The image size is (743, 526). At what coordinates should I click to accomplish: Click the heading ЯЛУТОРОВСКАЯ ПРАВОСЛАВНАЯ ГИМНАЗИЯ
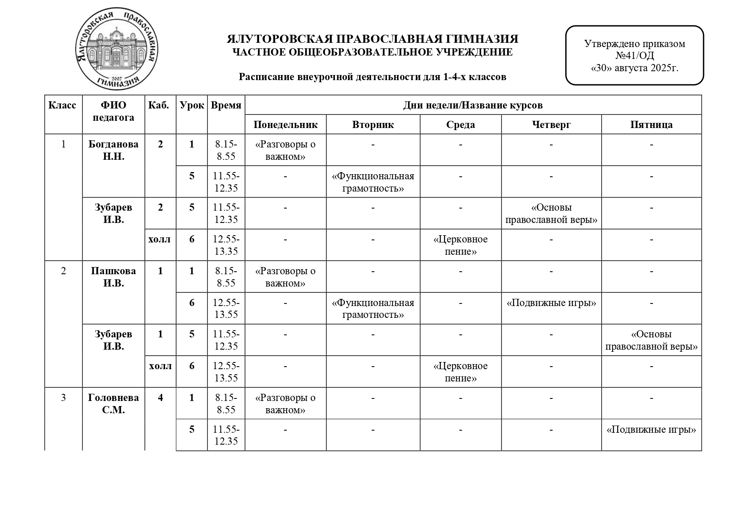373,39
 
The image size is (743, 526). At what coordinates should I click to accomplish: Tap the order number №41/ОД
634,56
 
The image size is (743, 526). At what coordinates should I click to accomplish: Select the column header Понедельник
285,125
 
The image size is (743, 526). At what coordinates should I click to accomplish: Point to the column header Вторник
373,125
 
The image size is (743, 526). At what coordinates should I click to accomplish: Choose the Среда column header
461,125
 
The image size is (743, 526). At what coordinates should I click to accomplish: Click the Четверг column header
551,125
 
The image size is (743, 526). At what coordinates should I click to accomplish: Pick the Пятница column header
651,125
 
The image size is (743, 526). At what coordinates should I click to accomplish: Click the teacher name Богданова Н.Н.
113,150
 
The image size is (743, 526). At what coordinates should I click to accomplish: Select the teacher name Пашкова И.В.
113,277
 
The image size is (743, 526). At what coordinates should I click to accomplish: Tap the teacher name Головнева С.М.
113,404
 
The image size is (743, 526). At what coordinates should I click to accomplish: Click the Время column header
226,105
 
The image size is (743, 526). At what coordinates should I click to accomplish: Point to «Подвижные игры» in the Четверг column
551,303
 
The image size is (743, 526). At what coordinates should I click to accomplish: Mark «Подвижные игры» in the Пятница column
651,429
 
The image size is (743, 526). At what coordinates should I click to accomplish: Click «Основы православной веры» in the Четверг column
551,214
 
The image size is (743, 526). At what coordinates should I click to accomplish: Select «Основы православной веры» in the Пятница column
651,340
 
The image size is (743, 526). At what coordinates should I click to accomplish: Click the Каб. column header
160,105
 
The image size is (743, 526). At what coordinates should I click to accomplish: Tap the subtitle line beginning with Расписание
373,77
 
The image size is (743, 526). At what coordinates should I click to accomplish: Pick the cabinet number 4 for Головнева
160,398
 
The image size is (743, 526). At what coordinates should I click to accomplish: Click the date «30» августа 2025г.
634,68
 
